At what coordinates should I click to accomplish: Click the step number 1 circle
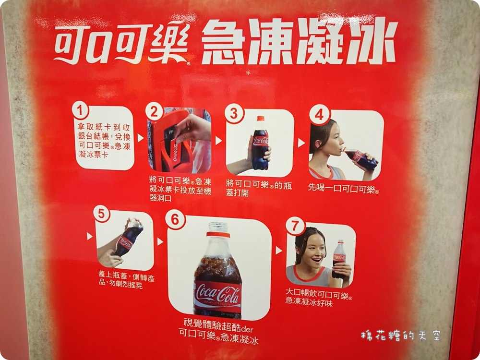(81, 110)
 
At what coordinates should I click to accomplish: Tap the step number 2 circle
(154, 111)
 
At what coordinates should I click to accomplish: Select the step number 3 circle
(234, 113)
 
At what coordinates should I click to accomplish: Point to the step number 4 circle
(319, 115)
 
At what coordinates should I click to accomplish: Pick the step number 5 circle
(102, 213)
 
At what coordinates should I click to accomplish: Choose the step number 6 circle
(175, 219)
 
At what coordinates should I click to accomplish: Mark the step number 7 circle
(295, 226)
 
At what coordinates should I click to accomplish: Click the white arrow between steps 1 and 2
(141, 138)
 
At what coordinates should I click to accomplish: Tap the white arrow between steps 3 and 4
(301, 143)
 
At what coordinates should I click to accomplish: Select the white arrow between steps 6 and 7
(278, 250)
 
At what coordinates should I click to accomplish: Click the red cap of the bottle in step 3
(261, 119)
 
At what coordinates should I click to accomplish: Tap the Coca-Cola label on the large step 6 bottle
(218, 295)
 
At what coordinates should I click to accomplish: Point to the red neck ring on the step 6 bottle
(218, 235)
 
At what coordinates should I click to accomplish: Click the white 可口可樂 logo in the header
(122, 44)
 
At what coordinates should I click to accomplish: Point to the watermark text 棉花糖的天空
(401, 336)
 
